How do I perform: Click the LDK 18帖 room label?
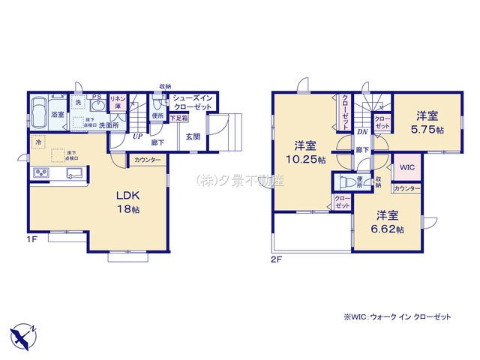[x=128, y=200]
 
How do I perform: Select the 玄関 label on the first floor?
[x=193, y=136]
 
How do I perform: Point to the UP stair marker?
[x=137, y=136]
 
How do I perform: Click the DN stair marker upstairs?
[x=362, y=132]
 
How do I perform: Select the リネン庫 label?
[x=118, y=103]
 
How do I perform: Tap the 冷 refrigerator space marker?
[x=37, y=141]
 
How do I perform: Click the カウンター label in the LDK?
[x=148, y=160]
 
